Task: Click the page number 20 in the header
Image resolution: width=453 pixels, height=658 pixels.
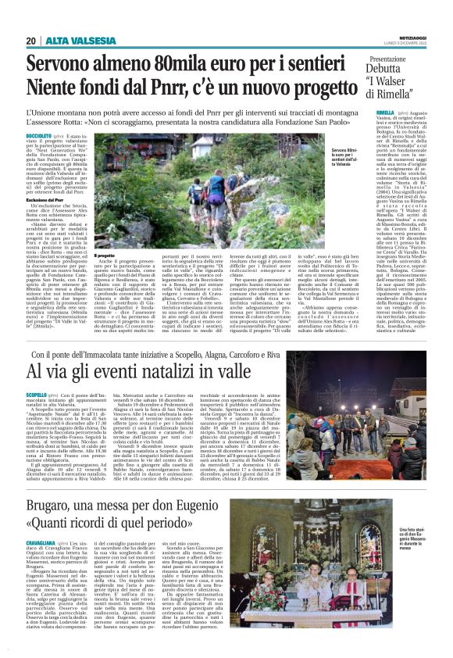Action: point(30,41)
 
